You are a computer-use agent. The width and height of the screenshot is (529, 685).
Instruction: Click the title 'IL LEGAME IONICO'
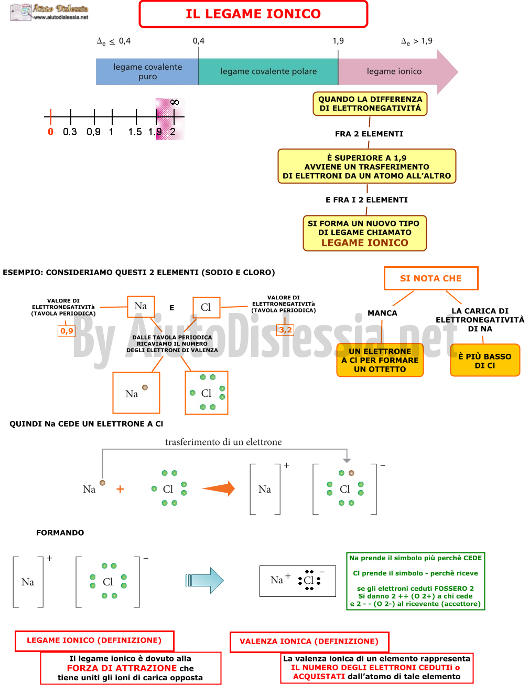point(253,14)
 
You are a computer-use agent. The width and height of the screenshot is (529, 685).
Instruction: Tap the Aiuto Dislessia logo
point(49,12)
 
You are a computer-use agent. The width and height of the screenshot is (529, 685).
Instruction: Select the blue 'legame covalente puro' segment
point(147,72)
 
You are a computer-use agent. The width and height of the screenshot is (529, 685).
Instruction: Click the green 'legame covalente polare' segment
point(268,72)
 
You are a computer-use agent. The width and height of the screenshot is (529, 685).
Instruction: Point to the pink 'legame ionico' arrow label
point(394,72)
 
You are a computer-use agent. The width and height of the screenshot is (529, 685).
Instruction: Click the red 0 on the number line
point(50,132)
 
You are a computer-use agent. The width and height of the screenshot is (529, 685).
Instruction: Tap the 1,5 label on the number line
point(135,132)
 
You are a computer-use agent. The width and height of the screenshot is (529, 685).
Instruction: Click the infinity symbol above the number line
point(175,102)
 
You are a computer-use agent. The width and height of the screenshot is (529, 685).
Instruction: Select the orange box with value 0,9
point(67,331)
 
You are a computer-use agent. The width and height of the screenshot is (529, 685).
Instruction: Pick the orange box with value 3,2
point(285,330)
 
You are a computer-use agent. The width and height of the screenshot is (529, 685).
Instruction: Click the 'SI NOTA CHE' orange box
point(430,278)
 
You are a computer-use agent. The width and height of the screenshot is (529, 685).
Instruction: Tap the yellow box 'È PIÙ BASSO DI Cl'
point(485,360)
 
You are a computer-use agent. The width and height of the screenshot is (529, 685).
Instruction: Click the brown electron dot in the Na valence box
point(145,387)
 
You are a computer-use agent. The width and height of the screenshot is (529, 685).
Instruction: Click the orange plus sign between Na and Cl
point(120,489)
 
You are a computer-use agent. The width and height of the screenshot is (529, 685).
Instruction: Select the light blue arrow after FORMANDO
point(204,580)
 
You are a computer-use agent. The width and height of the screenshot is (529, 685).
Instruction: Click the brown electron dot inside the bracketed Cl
point(351,473)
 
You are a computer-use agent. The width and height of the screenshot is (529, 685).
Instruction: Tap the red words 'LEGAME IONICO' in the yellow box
point(365,243)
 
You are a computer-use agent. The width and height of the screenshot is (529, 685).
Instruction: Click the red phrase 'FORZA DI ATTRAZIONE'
point(122,668)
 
